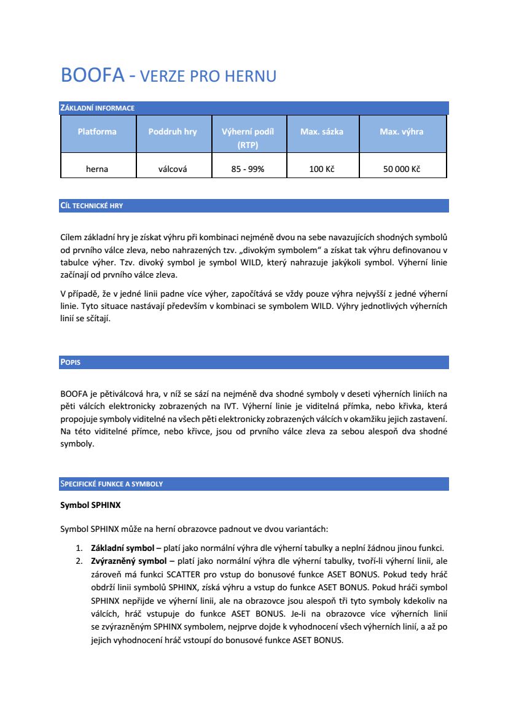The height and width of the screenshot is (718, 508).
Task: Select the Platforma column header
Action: coord(97,131)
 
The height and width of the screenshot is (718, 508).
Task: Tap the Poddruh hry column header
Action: coord(173,131)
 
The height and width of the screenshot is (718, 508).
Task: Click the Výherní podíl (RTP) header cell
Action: coord(248,138)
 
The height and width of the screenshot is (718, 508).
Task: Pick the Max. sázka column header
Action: coord(322,131)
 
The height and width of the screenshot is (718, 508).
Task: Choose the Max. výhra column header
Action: coord(401,131)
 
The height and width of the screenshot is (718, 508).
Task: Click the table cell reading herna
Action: coord(97,169)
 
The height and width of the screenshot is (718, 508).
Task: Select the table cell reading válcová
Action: coord(173,169)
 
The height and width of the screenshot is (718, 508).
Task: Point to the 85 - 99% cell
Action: coord(248,169)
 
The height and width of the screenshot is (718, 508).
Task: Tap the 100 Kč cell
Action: coord(322,169)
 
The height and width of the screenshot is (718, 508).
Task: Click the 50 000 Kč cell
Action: coord(401,169)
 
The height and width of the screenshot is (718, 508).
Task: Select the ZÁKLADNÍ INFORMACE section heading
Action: coord(97,108)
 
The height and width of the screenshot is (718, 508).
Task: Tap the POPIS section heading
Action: coord(71,362)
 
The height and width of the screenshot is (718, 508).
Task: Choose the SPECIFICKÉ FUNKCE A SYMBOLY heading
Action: coord(111,484)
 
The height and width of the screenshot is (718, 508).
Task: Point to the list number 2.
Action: coord(79,560)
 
